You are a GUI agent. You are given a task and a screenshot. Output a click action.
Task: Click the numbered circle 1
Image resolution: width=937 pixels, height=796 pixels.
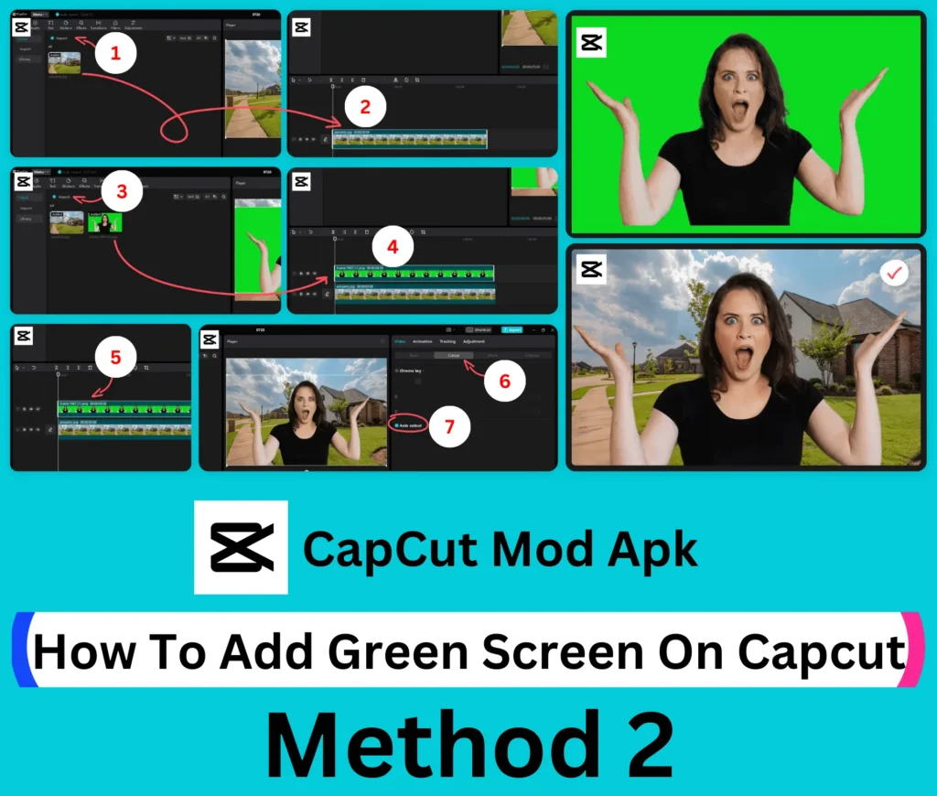coord(115,53)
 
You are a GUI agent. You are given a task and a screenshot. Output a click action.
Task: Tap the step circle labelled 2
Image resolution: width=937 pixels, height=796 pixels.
coord(365,107)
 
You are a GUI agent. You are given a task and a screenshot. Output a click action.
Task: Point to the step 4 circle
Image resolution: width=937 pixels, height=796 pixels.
coord(393,247)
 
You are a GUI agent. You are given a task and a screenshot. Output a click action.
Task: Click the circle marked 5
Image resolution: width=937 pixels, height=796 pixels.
coord(115,358)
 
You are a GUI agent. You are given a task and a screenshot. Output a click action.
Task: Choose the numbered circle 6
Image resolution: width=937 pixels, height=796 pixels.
coord(503,382)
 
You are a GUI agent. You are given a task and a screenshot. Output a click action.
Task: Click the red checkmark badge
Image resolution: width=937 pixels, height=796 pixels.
coord(893,273)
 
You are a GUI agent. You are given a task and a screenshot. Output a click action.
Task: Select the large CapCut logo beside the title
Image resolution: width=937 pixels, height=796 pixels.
coord(242,547)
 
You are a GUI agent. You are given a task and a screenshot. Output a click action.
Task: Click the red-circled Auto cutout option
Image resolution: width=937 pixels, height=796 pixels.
coord(410,426)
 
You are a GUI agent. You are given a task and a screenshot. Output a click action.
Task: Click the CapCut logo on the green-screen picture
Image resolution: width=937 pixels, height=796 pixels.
coord(591,42)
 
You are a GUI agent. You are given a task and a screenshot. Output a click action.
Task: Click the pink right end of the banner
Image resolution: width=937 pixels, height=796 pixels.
coord(913,650)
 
